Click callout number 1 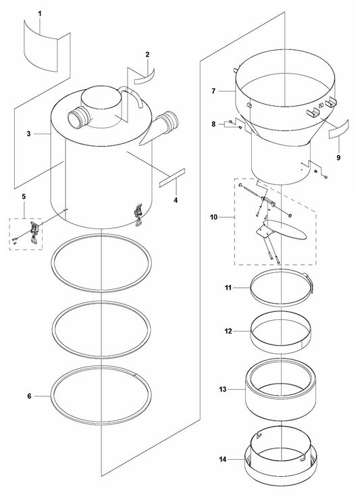(38, 14)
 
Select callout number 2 (147, 53)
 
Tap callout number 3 (29, 134)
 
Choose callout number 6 (29, 395)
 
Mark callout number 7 (213, 90)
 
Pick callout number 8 (214, 124)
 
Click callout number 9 (338, 157)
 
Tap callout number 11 (228, 288)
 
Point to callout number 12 (228, 331)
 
